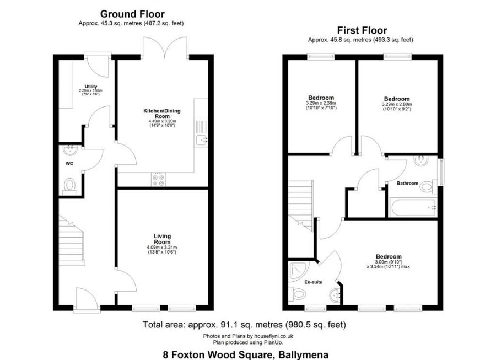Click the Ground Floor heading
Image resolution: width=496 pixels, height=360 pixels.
[x=132, y=14]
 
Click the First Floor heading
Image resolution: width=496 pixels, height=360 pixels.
[x=362, y=30]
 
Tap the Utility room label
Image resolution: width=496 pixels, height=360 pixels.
[x=91, y=87]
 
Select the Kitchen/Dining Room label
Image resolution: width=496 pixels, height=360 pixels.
[x=161, y=114]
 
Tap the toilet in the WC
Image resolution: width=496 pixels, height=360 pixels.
[x=70, y=186]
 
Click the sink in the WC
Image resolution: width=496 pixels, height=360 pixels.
[x=70, y=150]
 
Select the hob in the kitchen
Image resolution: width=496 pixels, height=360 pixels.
[x=158, y=178]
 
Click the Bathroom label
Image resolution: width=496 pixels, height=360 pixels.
[x=407, y=183]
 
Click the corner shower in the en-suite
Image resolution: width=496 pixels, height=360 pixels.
[x=298, y=271]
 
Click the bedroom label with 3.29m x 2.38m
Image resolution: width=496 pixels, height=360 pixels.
[x=321, y=100]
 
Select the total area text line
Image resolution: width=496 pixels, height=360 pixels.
[x=244, y=324]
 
